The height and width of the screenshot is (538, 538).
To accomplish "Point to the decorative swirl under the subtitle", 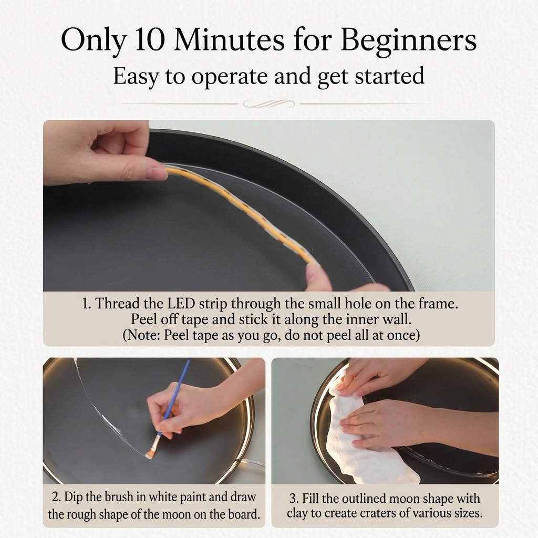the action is click(x=268, y=104).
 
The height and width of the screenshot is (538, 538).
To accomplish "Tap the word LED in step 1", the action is click(x=181, y=304).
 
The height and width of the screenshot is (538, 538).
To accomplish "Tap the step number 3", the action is click(x=293, y=499).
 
